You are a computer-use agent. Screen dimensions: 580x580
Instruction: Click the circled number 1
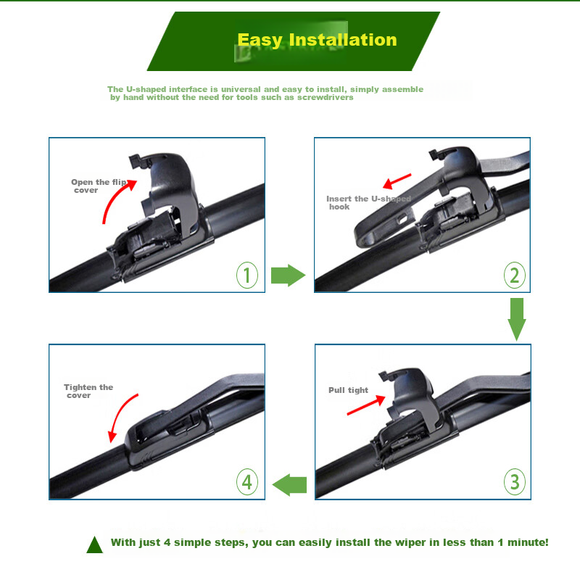(x=247, y=275)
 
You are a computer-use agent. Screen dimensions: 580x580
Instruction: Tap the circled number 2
(x=515, y=275)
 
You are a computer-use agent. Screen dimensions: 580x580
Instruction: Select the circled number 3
(x=515, y=481)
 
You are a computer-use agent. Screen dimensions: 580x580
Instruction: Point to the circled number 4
(x=247, y=481)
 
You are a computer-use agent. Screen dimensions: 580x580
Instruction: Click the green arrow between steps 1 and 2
(x=288, y=275)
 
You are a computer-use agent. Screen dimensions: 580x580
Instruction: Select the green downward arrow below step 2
(x=517, y=319)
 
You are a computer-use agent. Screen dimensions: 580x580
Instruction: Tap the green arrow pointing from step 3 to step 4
(x=289, y=484)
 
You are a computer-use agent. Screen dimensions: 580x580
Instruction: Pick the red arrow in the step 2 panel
(x=397, y=181)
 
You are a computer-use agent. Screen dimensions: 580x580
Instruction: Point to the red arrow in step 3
(x=366, y=405)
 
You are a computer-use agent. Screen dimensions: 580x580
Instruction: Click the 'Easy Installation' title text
(x=317, y=40)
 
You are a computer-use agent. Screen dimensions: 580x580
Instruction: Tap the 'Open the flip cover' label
(x=99, y=186)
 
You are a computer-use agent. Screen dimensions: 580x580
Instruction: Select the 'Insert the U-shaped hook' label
(x=368, y=203)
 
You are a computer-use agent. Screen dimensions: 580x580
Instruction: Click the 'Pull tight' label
(x=348, y=390)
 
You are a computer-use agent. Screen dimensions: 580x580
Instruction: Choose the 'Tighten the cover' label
(x=88, y=391)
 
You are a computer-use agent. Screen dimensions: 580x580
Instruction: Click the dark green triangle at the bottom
(x=94, y=545)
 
